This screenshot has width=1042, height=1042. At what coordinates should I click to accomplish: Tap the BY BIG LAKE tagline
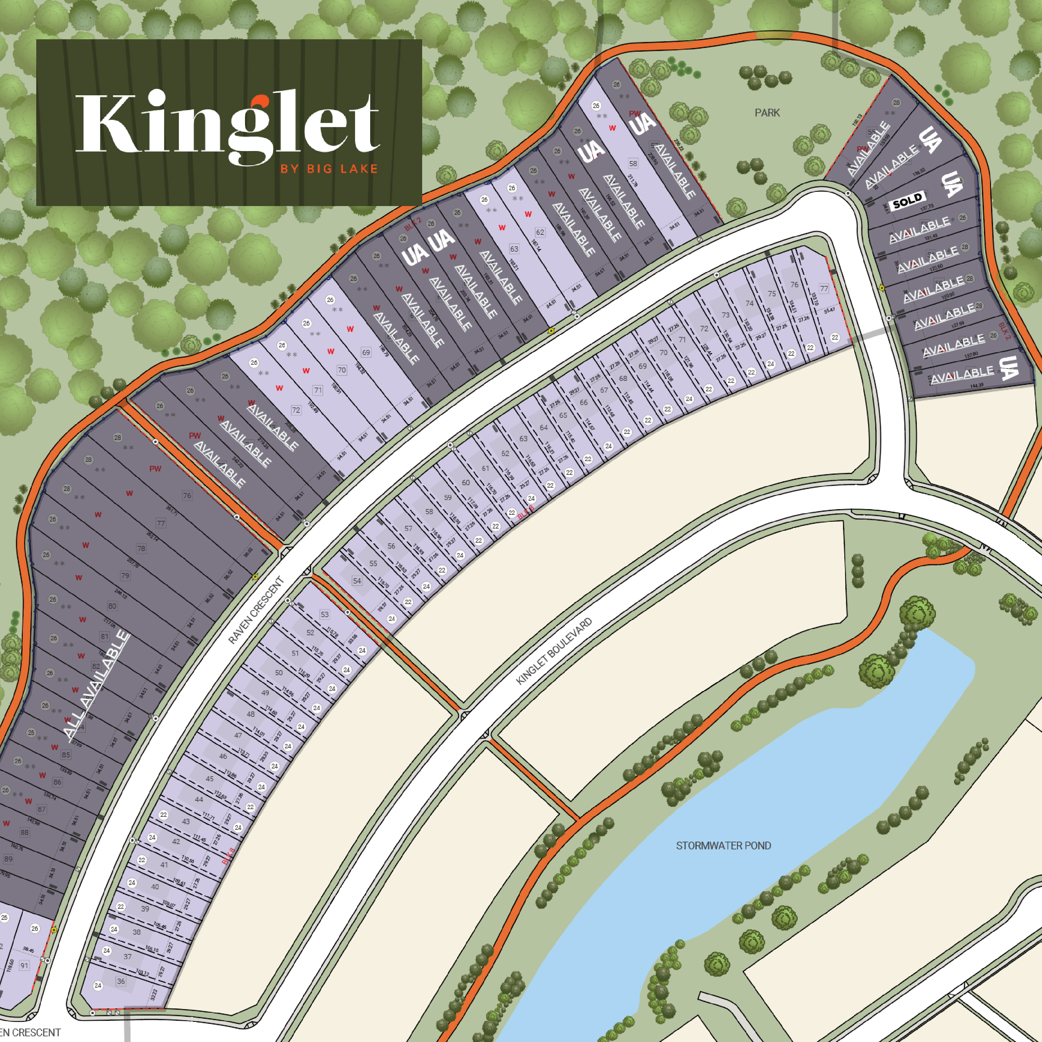point(329,169)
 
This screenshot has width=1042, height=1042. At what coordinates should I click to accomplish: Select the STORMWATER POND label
point(723,845)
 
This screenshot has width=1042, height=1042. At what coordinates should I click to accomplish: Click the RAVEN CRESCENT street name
point(256,610)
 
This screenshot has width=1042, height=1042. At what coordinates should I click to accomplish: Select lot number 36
point(121,981)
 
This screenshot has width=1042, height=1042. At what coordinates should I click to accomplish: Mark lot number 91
point(24,965)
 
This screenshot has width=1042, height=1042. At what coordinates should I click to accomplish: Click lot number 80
point(112,606)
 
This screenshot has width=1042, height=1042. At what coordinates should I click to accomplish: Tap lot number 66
point(584,402)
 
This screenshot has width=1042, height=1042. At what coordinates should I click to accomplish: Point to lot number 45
point(209,778)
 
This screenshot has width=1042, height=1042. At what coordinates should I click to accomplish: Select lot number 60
point(465,483)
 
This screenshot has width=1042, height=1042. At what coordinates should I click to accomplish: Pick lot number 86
point(57,782)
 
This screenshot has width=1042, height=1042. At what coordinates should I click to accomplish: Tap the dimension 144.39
point(977,386)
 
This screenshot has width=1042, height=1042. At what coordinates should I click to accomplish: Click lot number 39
point(145,908)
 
